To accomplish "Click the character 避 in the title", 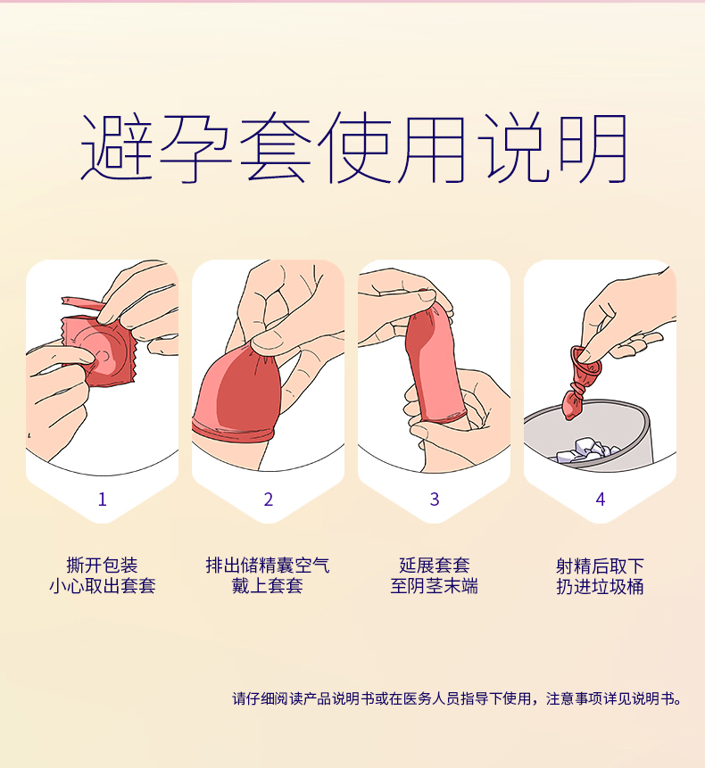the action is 117,148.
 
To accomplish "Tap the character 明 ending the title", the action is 593,148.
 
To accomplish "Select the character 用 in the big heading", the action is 431,148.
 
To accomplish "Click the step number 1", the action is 102,500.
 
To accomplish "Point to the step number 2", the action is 268,500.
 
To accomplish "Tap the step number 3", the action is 434,500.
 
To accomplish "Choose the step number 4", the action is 601,500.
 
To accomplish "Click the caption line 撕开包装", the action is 102,566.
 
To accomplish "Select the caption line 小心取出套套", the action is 102,586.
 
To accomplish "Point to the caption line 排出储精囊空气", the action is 268,566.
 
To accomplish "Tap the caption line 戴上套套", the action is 268,586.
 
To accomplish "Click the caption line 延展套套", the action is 434,566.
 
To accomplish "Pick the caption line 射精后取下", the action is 600,566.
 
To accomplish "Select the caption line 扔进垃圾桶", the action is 600,586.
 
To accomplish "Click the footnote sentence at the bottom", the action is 457,698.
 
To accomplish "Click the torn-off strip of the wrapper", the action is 82,302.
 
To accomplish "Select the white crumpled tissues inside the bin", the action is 588,450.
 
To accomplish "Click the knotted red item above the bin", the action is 581,382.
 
